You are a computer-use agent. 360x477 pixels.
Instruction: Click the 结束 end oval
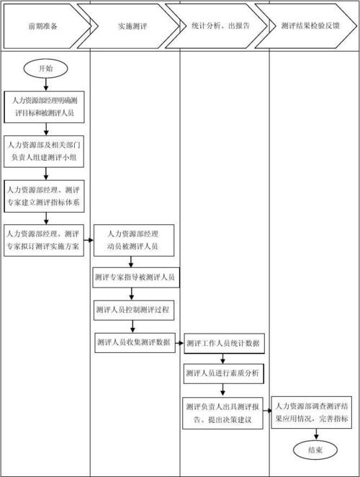click(x=315, y=450)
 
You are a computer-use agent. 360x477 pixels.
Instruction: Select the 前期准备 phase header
click(x=43, y=25)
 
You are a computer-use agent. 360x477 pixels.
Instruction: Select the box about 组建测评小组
click(x=45, y=150)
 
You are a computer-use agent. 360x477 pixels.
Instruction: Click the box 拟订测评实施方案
click(x=45, y=239)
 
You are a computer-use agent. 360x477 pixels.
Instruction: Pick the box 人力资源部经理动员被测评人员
click(x=133, y=240)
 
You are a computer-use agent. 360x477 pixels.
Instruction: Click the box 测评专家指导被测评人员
click(x=135, y=277)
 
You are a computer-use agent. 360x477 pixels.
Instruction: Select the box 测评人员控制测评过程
click(x=135, y=309)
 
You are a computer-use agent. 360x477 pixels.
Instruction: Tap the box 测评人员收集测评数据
click(x=135, y=343)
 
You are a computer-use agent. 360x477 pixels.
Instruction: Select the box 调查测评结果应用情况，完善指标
click(x=315, y=412)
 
